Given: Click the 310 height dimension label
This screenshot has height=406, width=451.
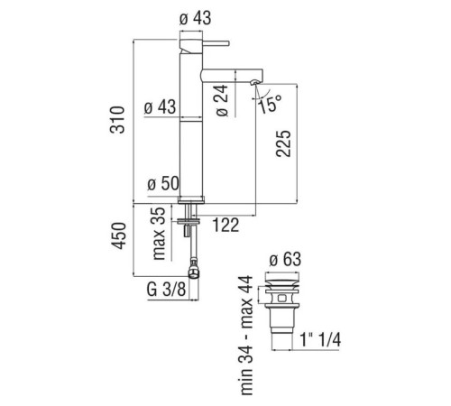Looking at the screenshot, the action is [x=117, y=119].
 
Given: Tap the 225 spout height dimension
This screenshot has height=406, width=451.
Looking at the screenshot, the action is [x=283, y=143].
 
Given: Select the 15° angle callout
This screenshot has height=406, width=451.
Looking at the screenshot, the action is [x=271, y=104].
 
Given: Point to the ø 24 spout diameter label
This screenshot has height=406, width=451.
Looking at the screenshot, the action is [x=222, y=100].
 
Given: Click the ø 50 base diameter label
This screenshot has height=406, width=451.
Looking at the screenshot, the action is [x=163, y=183].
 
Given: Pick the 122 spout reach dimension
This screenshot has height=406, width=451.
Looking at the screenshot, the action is [x=225, y=225].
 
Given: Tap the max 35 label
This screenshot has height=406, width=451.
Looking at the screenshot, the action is [x=159, y=234].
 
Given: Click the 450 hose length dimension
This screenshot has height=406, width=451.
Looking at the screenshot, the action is [x=118, y=235].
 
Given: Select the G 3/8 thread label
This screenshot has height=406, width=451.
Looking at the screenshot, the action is [x=166, y=290].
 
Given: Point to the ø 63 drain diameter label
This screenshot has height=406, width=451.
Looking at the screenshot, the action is [x=285, y=260].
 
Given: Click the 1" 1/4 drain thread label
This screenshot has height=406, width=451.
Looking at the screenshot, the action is [x=320, y=340].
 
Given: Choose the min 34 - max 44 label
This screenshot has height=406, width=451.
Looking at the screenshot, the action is [x=247, y=336].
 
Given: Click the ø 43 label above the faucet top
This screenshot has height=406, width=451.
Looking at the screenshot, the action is [x=195, y=19].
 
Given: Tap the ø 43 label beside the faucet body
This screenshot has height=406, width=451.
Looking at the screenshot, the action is [x=160, y=107].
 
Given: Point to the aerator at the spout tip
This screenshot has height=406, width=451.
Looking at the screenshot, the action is [x=254, y=82].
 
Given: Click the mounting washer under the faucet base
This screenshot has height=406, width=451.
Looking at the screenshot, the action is [x=189, y=221].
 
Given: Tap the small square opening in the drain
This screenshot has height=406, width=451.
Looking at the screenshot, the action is [x=282, y=298].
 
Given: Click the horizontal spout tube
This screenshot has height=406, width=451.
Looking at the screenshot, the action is [x=232, y=75].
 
